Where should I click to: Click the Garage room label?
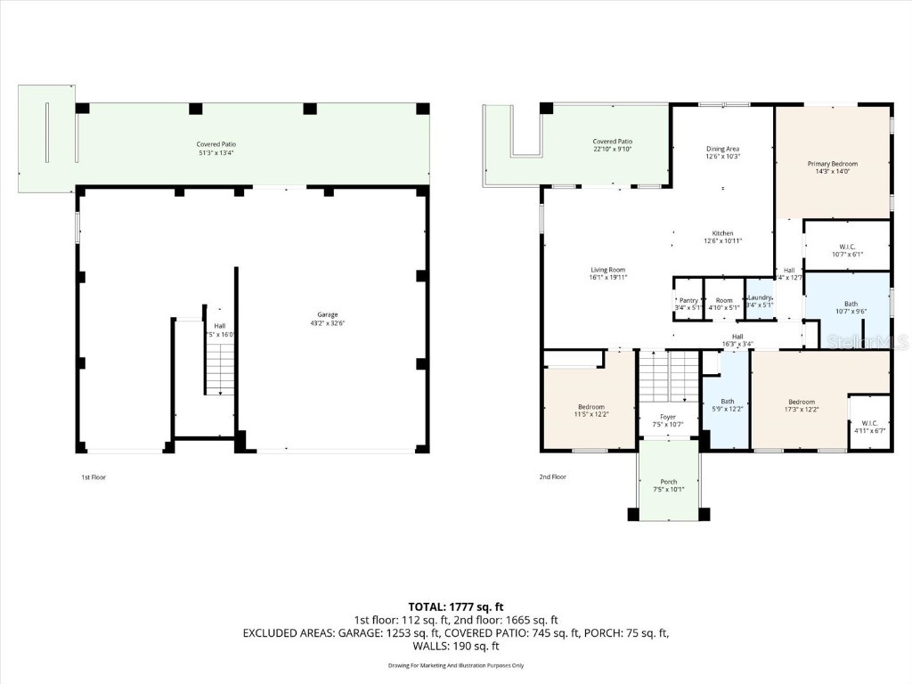pyautogui.click(x=328, y=319)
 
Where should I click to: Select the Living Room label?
pyautogui.click(x=608, y=273)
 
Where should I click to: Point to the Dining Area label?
pyautogui.click(x=722, y=152)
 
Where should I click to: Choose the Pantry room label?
pyautogui.click(x=688, y=303)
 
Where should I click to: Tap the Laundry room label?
pyautogui.click(x=760, y=303)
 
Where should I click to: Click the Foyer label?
pyautogui.click(x=667, y=420)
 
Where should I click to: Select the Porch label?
pyautogui.click(x=668, y=485)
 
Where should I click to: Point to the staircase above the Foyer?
pyautogui.click(x=668, y=376)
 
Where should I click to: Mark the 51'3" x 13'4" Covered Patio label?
pyautogui.click(x=216, y=148)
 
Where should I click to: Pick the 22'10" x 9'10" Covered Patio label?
pyautogui.click(x=613, y=145)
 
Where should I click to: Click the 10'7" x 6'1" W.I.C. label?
pyautogui.click(x=846, y=249)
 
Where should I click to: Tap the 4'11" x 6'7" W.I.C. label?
pyautogui.click(x=867, y=427)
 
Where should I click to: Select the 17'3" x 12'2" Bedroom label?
pyautogui.click(x=801, y=405)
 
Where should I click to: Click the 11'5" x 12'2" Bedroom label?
pyautogui.click(x=590, y=411)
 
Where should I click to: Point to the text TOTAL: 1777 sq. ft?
pyautogui.click(x=455, y=607)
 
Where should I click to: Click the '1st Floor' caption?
pyautogui.click(x=93, y=477)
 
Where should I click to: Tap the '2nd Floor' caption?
pyautogui.click(x=552, y=477)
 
